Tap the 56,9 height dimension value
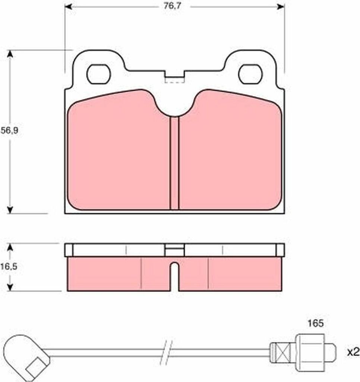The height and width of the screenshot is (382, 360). [9, 131]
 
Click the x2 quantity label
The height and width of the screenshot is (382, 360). [353, 352]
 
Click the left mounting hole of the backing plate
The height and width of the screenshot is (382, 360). [99, 74]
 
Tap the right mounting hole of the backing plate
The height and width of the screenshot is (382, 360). [250, 74]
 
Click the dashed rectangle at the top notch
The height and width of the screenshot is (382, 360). [174, 80]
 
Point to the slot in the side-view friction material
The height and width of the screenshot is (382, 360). [174, 277]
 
